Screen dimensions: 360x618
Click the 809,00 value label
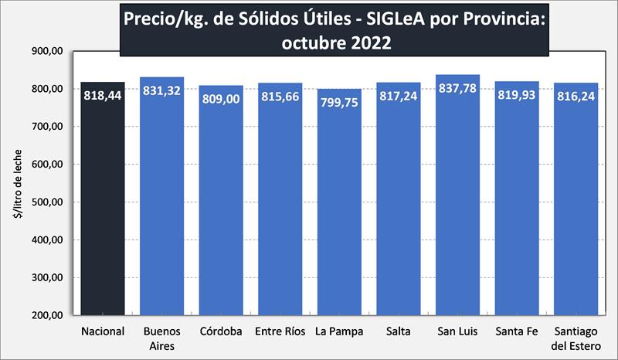coord(221,100)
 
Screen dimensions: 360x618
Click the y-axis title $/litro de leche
coord(16,183)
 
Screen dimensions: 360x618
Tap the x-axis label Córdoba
coord(221,332)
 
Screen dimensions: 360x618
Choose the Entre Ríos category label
coord(280,332)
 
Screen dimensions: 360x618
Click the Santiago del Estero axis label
coord(576,338)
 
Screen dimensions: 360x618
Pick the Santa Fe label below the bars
coord(517,332)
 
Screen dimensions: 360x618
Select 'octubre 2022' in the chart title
coord(336,42)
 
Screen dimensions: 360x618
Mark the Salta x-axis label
coord(399,332)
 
